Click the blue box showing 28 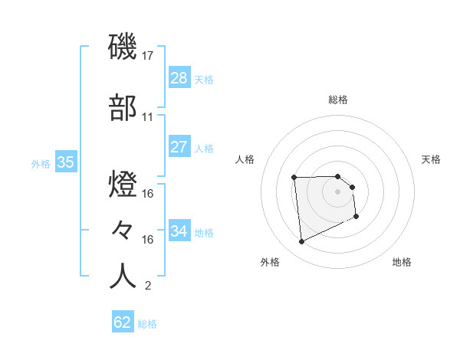click(179, 78)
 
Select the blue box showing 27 click(179, 147)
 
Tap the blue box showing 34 click(179, 231)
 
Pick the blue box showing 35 click(65, 162)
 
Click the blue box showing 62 click(123, 322)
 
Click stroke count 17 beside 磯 click(148, 56)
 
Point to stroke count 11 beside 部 click(148, 117)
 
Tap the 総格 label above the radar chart click(338, 100)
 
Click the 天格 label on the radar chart click(432, 159)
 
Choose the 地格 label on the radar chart click(402, 262)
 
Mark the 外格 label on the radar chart click(270, 262)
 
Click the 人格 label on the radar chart click(245, 159)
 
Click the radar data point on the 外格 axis click(302, 242)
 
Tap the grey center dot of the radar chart click(337, 191)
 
